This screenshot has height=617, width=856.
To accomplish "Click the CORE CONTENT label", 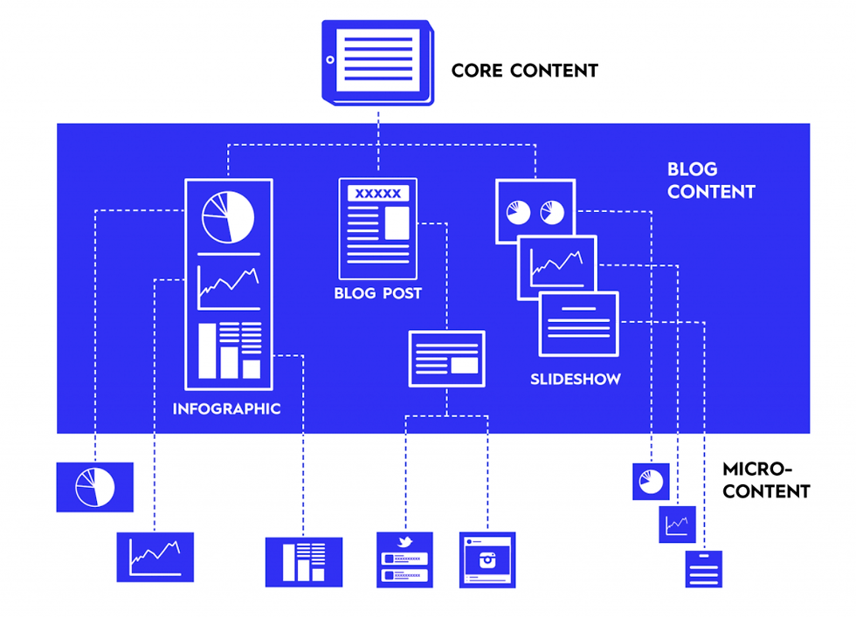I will [x=524, y=71].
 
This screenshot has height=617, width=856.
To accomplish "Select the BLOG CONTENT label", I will [x=711, y=181].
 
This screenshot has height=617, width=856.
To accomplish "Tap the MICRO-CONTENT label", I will [x=766, y=481].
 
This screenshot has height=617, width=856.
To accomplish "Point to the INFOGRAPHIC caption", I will [x=227, y=408].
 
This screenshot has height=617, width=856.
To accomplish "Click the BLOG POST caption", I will [x=377, y=293].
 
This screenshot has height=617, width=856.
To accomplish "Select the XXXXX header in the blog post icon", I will [x=378, y=194].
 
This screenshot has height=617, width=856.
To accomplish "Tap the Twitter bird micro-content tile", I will [x=404, y=559].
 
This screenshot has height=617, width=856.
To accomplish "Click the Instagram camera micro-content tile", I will [x=487, y=559].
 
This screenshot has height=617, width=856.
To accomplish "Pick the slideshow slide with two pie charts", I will [x=535, y=210].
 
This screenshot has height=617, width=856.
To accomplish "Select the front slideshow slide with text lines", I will [x=578, y=324].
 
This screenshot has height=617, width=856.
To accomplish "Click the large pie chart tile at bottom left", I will [x=94, y=487].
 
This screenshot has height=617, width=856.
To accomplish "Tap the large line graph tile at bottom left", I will [x=155, y=557].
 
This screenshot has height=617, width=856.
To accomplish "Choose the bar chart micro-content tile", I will [x=304, y=561].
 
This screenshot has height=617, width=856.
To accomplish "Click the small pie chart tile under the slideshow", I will [x=651, y=482].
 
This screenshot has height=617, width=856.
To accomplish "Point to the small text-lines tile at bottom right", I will [x=703, y=569].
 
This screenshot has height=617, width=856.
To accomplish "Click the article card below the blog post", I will [x=446, y=359].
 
